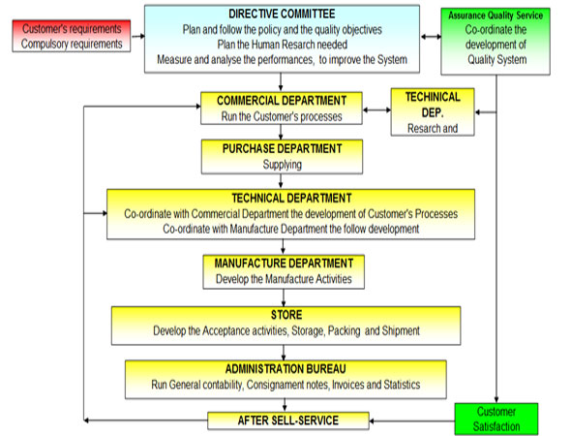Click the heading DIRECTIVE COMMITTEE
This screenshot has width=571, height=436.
[x=282, y=14]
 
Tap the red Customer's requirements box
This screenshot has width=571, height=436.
[x=72, y=36]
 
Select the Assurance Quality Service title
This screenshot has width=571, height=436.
[x=496, y=16]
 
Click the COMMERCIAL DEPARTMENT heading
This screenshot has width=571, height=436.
[x=282, y=101]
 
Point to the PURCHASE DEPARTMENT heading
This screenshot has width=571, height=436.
[x=283, y=149]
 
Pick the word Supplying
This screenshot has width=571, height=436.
[x=283, y=165]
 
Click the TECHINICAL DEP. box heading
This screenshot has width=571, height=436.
[x=433, y=105]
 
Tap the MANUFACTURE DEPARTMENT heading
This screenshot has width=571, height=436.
[x=284, y=264]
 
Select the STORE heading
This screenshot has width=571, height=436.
[x=286, y=315]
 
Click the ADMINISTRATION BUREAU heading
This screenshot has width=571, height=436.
[x=285, y=369]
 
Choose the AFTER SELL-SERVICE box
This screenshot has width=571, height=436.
[x=288, y=420]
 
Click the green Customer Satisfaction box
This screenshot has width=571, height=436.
[x=496, y=419]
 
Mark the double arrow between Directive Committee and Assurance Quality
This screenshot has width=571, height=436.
[x=431, y=37]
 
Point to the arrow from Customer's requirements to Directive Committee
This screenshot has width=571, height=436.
[x=137, y=36]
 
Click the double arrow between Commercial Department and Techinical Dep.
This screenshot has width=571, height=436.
[x=376, y=109]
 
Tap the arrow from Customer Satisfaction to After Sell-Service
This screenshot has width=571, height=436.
[x=412, y=421]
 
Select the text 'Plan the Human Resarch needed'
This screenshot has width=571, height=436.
[x=283, y=45]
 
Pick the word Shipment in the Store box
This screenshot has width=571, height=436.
[x=401, y=330]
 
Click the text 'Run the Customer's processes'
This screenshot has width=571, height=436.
[x=282, y=116]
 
